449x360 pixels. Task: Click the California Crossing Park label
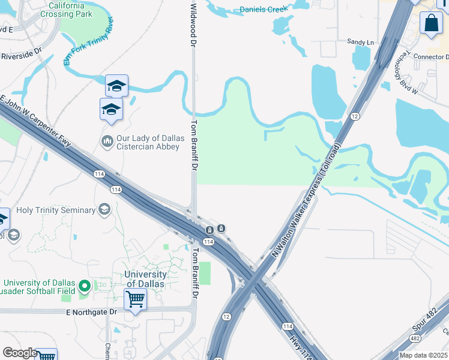[66, 10]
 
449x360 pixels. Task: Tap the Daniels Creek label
[263, 9]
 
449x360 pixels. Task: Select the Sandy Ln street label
[360, 42]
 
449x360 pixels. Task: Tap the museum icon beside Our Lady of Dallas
[107, 142]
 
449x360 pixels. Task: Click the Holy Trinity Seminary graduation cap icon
[104, 209]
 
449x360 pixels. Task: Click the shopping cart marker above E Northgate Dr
[136, 298]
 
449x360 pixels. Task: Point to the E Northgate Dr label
[91, 312]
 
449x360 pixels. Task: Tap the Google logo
[20, 352]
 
